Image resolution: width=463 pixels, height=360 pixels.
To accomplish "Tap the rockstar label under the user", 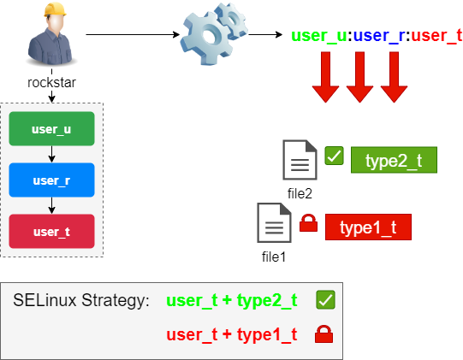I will (x=51, y=84).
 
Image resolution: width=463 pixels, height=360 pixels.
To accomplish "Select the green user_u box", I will (x=51, y=129).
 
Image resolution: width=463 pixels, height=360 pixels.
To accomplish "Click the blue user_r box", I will (x=51, y=180).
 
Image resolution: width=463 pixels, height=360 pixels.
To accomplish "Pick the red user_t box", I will (x=51, y=232).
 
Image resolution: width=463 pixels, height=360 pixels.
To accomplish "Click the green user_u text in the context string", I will (x=320, y=36).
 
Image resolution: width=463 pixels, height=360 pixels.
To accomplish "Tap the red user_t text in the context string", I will (x=436, y=36).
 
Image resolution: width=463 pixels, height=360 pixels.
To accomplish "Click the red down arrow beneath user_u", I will (x=326, y=77).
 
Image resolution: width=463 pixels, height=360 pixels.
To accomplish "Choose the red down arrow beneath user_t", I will (x=393, y=77).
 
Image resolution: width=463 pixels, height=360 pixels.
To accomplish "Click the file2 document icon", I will (x=300, y=160).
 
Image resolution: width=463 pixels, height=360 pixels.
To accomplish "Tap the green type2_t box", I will (x=394, y=160).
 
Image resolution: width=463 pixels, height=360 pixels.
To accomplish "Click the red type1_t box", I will (x=368, y=227).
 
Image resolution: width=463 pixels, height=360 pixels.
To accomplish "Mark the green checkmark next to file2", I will (x=334, y=156).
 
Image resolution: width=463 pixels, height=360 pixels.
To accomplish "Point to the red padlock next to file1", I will (x=308, y=225).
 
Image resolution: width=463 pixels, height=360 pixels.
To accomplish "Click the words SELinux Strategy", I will (x=81, y=301).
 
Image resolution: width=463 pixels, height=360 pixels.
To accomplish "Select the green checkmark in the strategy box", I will (x=324, y=299).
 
